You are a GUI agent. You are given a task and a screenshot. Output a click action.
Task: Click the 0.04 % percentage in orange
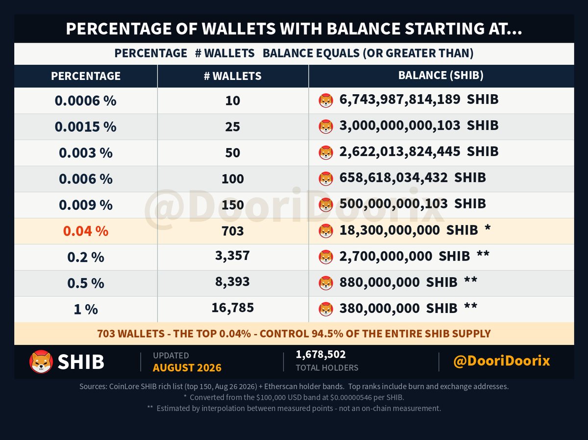point(86,231)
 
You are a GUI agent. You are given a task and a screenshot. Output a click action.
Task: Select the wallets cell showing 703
point(233,231)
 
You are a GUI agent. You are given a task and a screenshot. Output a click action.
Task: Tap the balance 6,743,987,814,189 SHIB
point(419,100)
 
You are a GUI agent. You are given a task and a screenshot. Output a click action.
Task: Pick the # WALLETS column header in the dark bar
point(233,76)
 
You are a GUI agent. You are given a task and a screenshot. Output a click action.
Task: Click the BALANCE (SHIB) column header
point(441,75)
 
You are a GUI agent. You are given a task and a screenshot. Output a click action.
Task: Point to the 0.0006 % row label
point(85,101)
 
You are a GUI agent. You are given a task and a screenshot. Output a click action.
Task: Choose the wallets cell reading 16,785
point(233,308)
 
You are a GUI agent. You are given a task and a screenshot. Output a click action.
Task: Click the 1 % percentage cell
point(86,309)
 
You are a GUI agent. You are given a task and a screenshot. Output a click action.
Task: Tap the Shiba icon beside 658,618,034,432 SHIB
point(326,179)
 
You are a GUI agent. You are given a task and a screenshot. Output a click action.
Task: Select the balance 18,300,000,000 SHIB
point(409,230)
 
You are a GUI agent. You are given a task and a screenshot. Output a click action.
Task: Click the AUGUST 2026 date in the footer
point(187,367)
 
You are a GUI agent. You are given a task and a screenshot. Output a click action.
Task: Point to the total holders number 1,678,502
point(320,355)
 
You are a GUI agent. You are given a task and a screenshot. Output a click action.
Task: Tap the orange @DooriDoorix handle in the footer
point(501,361)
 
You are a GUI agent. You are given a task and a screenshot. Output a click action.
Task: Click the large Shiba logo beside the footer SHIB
point(41,362)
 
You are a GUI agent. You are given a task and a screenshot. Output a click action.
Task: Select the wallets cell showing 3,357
point(233,255)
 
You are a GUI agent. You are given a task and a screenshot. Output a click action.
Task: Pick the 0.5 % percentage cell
point(86,283)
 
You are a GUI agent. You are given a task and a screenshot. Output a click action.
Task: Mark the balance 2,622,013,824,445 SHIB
point(419,152)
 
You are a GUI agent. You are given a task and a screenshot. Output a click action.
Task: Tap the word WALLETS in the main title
point(239,28)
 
